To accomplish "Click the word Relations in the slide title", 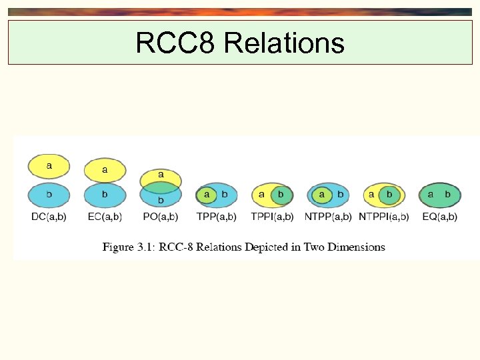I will (285, 43).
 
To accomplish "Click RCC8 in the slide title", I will (176, 43).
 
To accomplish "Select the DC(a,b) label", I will (49, 217).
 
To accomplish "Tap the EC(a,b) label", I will (105, 217).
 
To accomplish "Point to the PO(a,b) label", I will (161, 217).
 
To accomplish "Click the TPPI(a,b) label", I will (272, 217).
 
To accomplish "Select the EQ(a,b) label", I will (440, 217).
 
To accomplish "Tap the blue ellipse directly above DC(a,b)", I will (49, 195).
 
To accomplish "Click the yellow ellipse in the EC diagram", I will (105, 171).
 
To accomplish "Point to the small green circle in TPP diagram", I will (207, 195).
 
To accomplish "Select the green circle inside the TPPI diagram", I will (281, 195).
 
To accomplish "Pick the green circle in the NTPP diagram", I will (322, 195).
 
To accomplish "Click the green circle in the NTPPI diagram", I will (389, 195).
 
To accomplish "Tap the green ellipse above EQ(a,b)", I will (439, 195).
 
